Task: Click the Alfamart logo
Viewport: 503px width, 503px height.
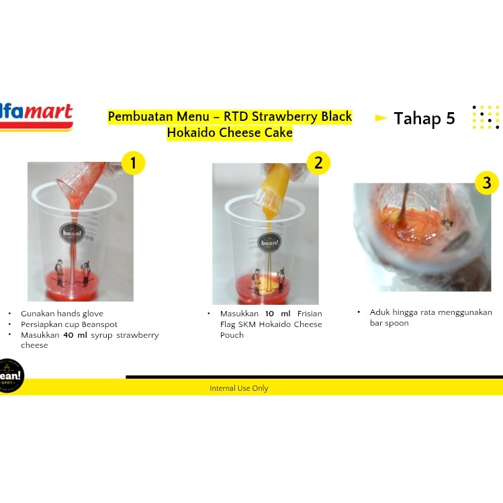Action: coord(36,117)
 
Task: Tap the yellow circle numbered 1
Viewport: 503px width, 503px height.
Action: coord(133,163)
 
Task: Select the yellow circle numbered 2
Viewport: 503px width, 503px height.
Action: coord(318,163)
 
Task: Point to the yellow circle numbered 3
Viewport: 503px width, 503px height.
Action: coord(487,183)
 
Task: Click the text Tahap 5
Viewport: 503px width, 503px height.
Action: coord(424,118)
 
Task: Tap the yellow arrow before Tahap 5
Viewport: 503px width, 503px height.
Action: coord(381,118)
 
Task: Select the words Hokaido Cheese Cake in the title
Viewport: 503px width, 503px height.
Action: coord(230,132)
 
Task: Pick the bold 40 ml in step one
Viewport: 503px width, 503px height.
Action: coord(75,335)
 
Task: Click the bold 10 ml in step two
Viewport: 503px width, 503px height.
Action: coord(277,314)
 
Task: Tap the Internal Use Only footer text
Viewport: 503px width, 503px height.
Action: coord(238,388)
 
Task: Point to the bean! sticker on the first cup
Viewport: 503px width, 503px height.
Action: coord(72,233)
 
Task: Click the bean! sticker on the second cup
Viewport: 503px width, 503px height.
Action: coord(269,242)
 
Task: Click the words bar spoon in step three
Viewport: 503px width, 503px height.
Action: coord(389,324)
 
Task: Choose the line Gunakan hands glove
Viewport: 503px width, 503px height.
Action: coord(62,314)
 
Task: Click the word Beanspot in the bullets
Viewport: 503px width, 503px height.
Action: coord(99,324)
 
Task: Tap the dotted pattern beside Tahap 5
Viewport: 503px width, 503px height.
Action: coord(486,118)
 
